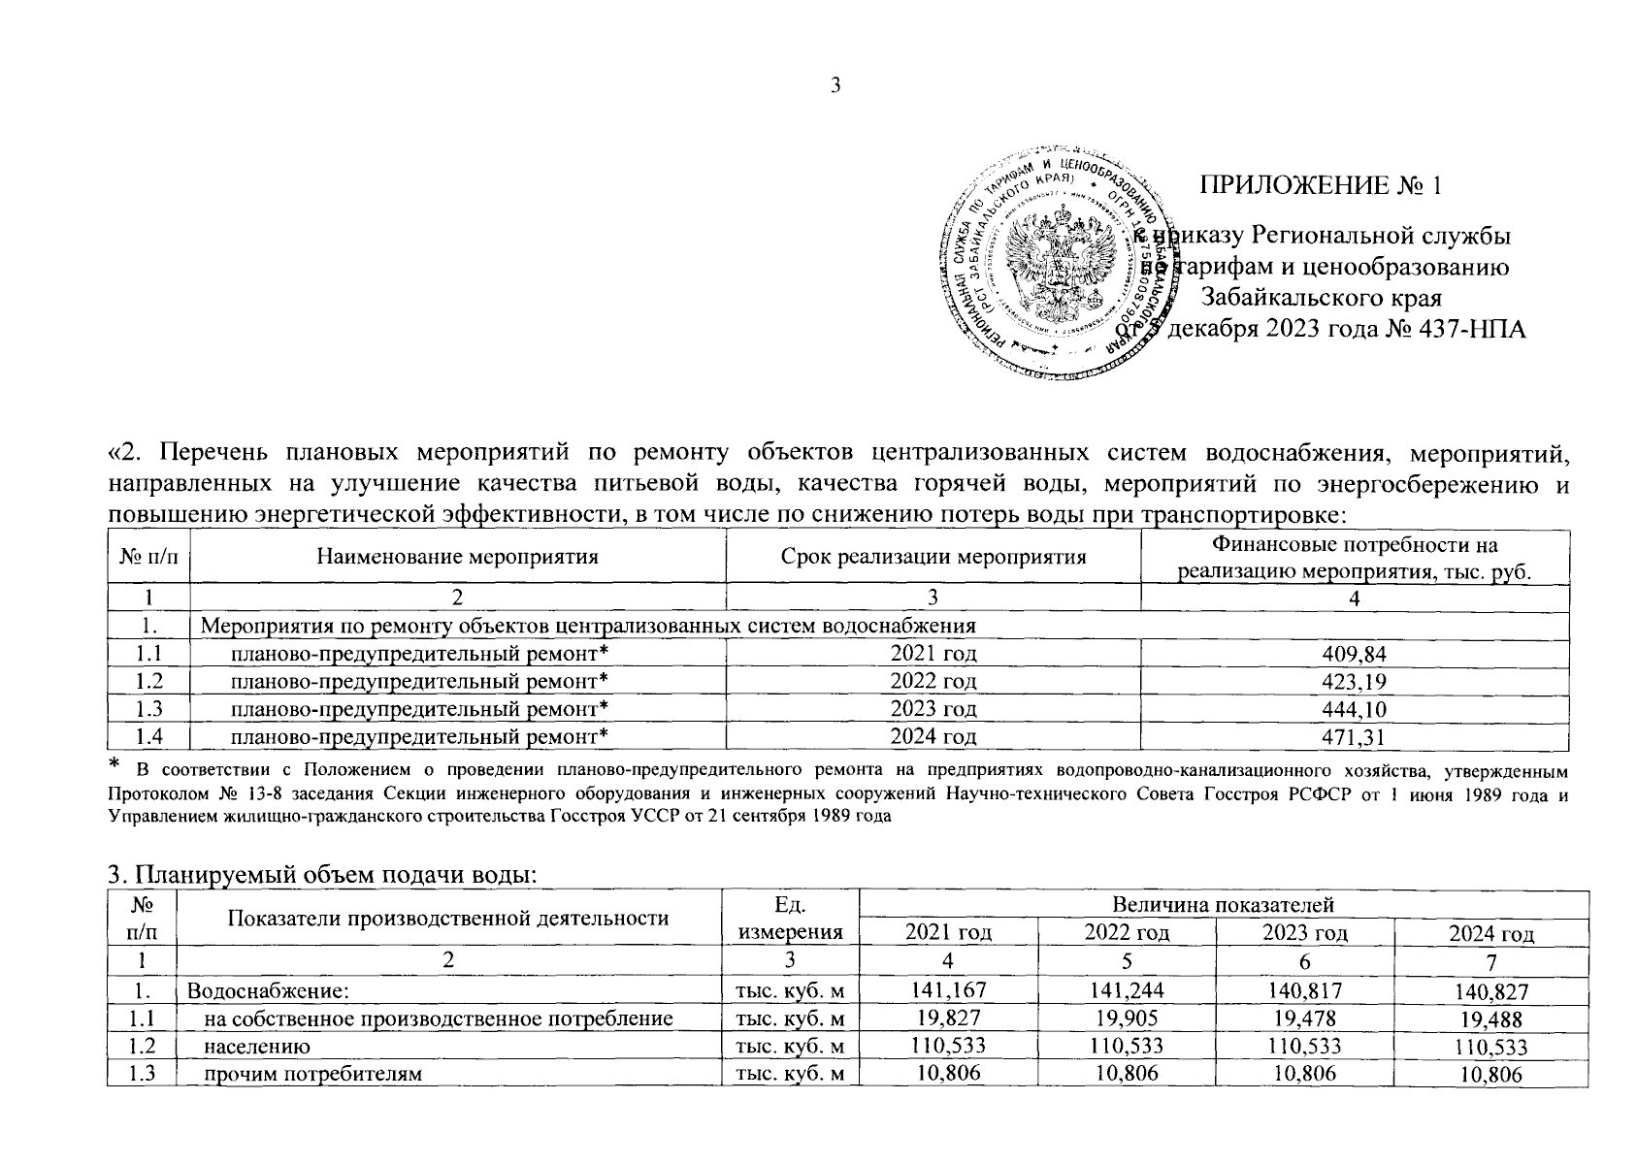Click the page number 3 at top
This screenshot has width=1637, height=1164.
coord(835,86)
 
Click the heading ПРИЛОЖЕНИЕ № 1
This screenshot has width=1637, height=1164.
coord(1320,185)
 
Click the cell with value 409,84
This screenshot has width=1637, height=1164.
coord(1354,654)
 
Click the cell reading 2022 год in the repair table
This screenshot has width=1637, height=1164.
coord(933,682)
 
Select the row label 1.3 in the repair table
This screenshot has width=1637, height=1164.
coord(148,710)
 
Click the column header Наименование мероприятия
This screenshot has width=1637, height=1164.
coord(457,557)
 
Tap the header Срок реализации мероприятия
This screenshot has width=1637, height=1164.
coord(933,557)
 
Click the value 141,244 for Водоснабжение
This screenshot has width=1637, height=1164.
coord(1126,991)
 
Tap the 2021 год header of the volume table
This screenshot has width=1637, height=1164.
coord(947,933)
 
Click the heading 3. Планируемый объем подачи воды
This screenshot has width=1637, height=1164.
coord(321,875)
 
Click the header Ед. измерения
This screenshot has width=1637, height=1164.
coord(790,918)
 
